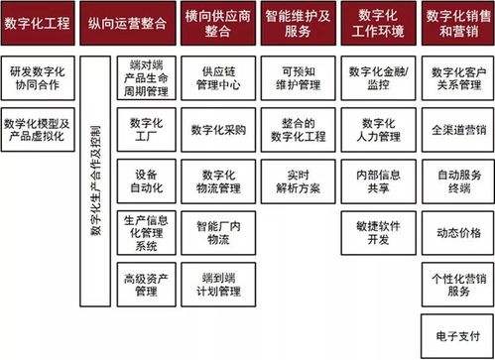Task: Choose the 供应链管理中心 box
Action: pos(217,78)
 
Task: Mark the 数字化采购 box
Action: pos(217,129)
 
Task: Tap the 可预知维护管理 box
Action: pos(297,78)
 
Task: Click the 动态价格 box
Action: pos(457,232)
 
